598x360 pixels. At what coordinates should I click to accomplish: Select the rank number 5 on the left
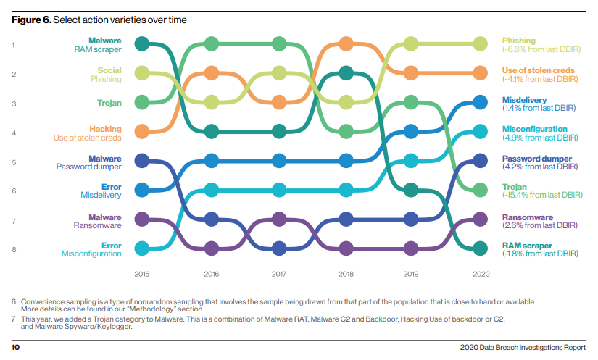pos(13,162)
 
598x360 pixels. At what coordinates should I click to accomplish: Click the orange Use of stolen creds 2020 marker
pos(479,73)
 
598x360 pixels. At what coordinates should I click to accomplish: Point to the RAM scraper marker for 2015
pos(143,44)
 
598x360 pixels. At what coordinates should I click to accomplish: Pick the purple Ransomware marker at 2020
pos(479,219)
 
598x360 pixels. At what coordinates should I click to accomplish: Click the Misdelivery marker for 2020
pos(479,103)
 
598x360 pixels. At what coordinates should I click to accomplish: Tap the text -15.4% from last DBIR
pos(543,196)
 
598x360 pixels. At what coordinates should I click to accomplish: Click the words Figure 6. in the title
pos(31,19)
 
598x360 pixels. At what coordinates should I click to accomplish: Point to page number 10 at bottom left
pos(15,347)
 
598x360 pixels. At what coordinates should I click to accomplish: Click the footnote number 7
pos(13,319)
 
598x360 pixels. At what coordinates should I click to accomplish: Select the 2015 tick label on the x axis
pos(143,274)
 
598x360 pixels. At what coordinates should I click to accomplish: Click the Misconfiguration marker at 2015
pos(143,248)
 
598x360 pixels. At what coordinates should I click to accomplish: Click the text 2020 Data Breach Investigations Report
pos(523,347)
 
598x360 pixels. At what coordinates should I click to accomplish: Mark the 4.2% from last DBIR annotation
pos(539,167)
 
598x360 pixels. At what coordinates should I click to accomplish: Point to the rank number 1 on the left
pos(13,45)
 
